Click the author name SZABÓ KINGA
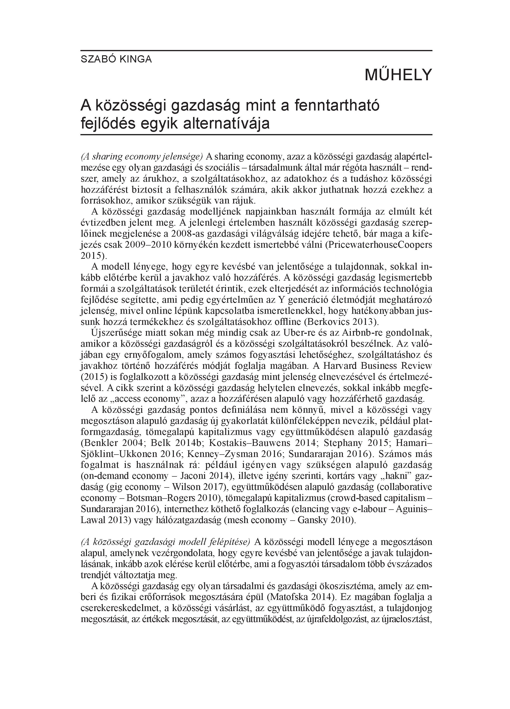pyautogui.click(x=116, y=59)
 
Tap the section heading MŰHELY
pyautogui.click(x=398, y=75)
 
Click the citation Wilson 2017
pyautogui.click(x=196, y=487)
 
